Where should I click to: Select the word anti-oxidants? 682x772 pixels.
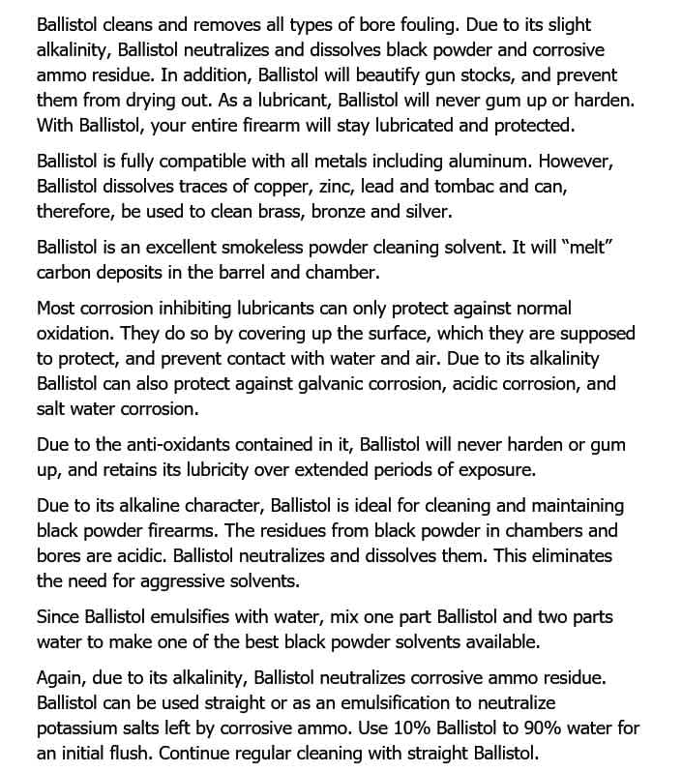coord(180,445)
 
